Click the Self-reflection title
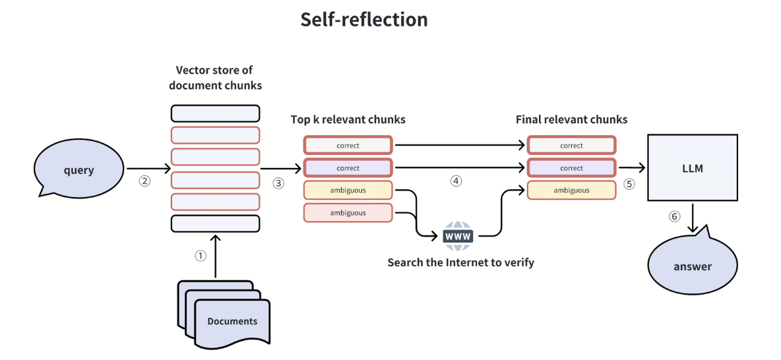(x=364, y=19)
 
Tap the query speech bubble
(x=78, y=169)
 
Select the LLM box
(x=693, y=168)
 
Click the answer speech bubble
(x=693, y=266)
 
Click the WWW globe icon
(x=458, y=235)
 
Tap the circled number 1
(x=201, y=255)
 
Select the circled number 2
(x=145, y=181)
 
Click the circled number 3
(x=278, y=183)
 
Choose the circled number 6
(x=674, y=216)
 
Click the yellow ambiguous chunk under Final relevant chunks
(x=571, y=191)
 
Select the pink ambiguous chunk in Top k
(x=348, y=212)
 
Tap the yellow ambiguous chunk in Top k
(x=348, y=191)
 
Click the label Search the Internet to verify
(x=460, y=262)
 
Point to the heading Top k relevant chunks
(x=348, y=119)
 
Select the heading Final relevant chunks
(x=571, y=119)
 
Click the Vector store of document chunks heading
(x=215, y=77)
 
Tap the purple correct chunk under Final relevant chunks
(x=571, y=168)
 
